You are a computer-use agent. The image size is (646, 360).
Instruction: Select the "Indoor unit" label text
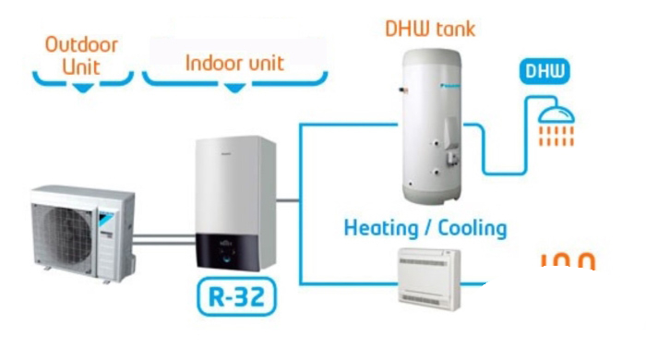point(234,63)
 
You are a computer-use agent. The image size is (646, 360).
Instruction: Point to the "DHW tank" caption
point(430,28)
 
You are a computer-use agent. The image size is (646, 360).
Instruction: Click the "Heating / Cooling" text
point(425,227)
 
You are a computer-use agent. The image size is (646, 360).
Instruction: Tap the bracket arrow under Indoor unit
point(235,88)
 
